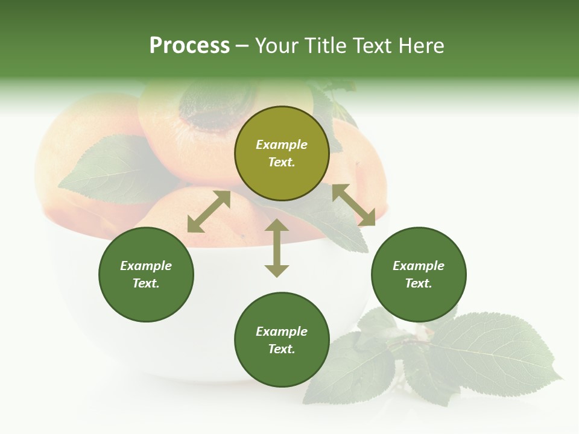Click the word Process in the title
pyautogui.click(x=189, y=46)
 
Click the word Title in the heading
pyautogui.click(x=324, y=46)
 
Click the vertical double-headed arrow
pyautogui.click(x=277, y=248)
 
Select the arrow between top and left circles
pyautogui.click(x=209, y=212)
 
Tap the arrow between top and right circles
pyautogui.click(x=353, y=205)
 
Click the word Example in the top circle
pyautogui.click(x=282, y=145)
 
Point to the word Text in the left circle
pyautogui.click(x=146, y=283)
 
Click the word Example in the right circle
pyautogui.click(x=419, y=266)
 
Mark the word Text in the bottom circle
pyautogui.click(x=282, y=349)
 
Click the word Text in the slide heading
pyautogui.click(x=370, y=46)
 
